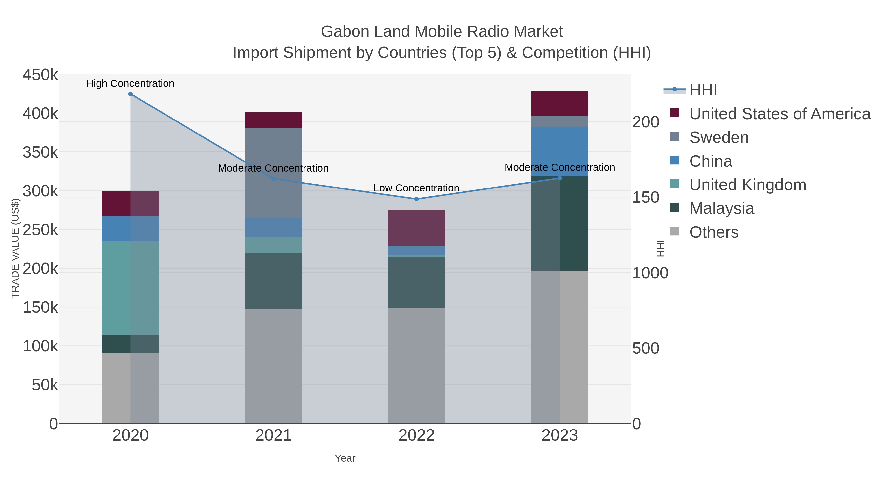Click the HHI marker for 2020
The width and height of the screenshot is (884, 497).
(130, 94)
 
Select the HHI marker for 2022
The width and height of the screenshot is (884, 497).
(417, 199)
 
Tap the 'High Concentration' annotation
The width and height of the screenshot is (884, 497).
(130, 84)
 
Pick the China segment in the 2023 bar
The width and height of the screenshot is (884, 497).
(560, 152)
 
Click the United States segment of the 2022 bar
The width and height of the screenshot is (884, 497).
(417, 228)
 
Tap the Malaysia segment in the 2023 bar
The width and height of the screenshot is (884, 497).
(560, 224)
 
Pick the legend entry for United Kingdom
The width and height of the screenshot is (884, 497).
(747, 185)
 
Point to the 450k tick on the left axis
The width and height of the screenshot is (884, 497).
(41, 75)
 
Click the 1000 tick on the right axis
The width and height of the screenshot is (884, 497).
(650, 273)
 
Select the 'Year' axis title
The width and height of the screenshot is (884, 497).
(345, 458)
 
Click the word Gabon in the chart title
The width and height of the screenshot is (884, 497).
(345, 32)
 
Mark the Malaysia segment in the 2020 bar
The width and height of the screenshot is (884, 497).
(130, 344)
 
